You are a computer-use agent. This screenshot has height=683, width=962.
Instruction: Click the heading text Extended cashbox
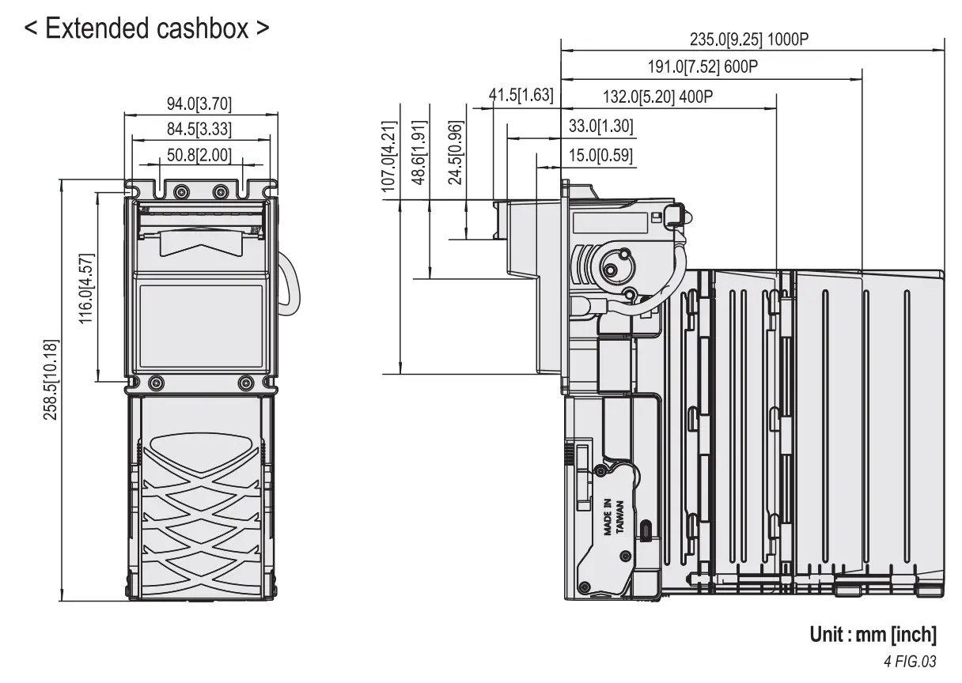[x=147, y=29]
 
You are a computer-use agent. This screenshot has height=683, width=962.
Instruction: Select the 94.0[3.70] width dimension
[x=199, y=104]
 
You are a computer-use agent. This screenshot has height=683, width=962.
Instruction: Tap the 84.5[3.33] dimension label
[x=199, y=130]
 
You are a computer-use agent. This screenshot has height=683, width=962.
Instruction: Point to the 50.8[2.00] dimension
[x=199, y=154]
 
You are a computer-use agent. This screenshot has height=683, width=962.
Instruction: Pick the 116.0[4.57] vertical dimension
[x=86, y=289]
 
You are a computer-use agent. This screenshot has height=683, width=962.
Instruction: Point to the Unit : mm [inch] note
[x=873, y=634]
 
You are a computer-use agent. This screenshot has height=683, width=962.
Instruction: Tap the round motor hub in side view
[x=613, y=266]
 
